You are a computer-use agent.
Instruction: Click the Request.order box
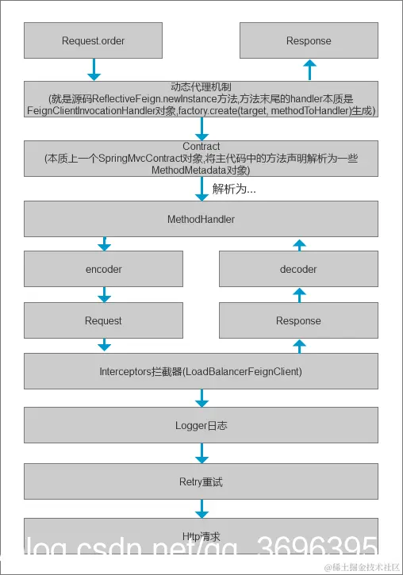tap(93, 40)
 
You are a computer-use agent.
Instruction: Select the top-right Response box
tap(309, 40)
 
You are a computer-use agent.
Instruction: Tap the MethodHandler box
tap(201, 218)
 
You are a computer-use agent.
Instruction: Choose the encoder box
tap(103, 269)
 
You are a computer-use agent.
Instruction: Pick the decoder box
tap(298, 269)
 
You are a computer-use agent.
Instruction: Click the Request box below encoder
tap(103, 320)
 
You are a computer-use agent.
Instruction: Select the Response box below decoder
tap(298, 320)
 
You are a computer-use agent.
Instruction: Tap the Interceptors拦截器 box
tap(201, 371)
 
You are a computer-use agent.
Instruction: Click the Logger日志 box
tap(201, 425)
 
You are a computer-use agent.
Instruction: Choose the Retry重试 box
tap(201, 481)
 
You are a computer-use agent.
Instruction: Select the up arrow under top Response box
tap(309, 70)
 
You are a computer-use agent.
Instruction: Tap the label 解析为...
tap(234, 190)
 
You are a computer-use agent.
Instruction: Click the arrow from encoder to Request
tap(103, 295)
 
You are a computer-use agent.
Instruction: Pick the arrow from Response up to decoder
tap(298, 295)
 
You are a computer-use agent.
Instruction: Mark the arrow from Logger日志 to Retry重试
tap(201, 453)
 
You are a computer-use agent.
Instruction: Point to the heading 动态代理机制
tap(201, 86)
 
